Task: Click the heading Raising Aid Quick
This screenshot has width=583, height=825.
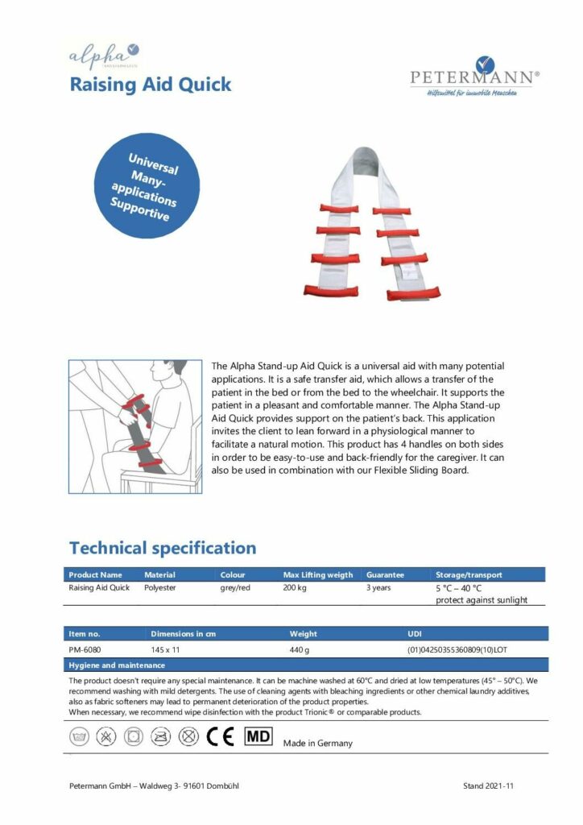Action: [x=151, y=84]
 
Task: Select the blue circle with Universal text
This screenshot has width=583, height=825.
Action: [x=147, y=185]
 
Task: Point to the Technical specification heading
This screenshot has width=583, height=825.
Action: [x=163, y=548]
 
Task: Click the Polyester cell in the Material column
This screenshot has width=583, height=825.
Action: [x=159, y=588]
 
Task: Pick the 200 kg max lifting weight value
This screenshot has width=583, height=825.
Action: [x=295, y=588]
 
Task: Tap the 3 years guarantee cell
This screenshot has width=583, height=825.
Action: [x=378, y=588]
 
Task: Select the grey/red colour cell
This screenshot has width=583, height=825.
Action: [x=236, y=588]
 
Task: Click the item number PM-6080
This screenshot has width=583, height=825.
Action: [x=85, y=649]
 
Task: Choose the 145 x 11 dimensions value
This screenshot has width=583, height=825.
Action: [x=167, y=649]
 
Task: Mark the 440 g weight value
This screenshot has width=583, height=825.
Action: [x=300, y=649]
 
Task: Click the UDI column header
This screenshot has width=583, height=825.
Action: [x=416, y=633]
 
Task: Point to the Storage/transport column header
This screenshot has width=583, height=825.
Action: [x=469, y=574]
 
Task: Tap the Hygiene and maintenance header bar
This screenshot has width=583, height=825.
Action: [x=307, y=665]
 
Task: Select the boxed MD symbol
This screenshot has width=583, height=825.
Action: [x=258, y=736]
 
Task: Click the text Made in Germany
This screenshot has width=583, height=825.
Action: [x=317, y=743]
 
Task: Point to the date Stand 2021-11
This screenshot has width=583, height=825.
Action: [x=488, y=786]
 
